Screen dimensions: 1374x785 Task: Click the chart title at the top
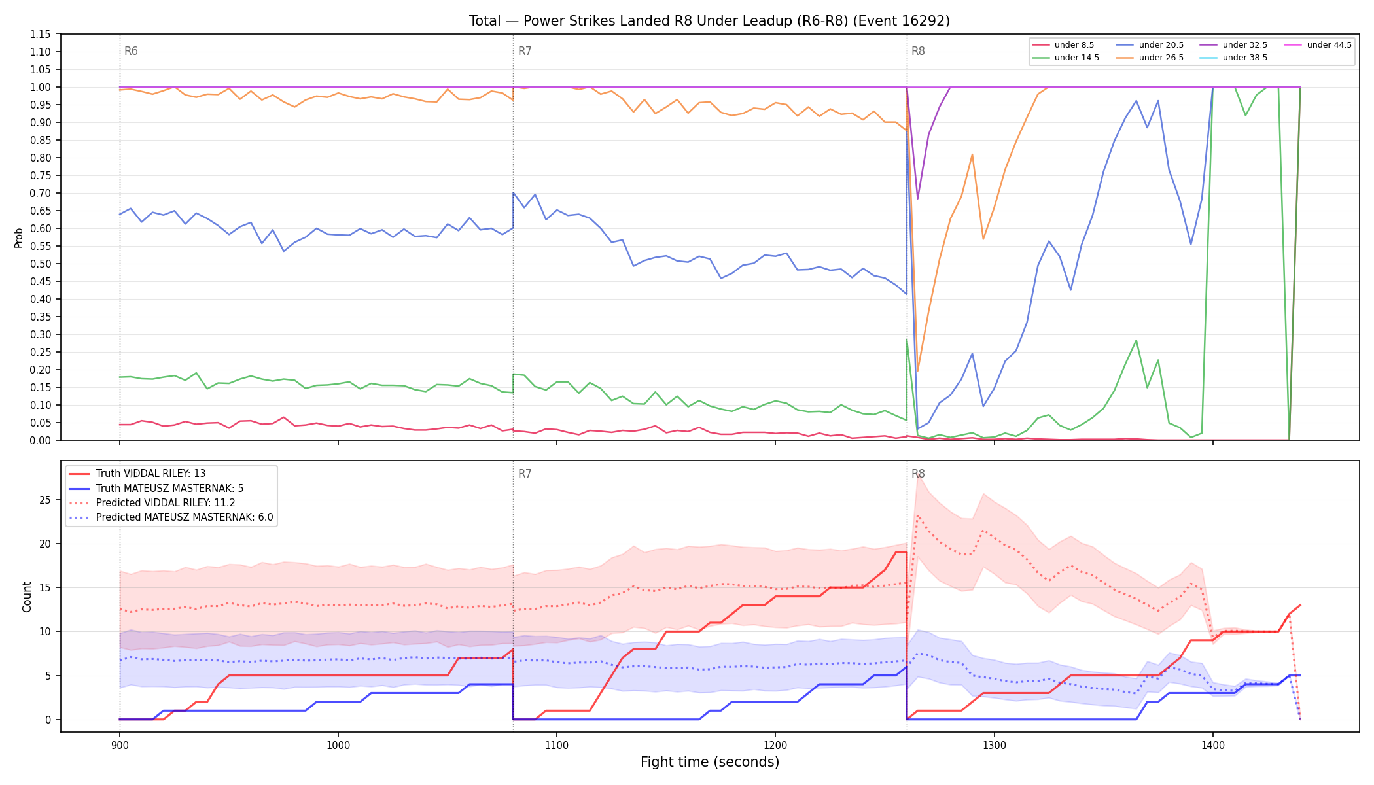(709, 21)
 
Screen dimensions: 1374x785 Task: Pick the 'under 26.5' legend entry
(1150, 58)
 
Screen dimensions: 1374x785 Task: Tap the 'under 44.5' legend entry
(1318, 45)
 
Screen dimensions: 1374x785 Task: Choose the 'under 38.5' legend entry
(1234, 58)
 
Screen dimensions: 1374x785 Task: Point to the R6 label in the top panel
(131, 51)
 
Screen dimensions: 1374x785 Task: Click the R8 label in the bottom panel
(918, 474)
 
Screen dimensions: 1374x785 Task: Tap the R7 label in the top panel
(525, 51)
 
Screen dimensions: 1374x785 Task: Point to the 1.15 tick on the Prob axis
(41, 34)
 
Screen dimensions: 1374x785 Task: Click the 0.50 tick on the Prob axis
(41, 264)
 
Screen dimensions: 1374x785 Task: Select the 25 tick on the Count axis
(45, 500)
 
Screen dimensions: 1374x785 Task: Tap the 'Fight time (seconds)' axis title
(710, 762)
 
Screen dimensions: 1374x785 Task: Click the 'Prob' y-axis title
(19, 237)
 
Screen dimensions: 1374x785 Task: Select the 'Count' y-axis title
(27, 597)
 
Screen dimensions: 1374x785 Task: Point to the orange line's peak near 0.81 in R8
(972, 154)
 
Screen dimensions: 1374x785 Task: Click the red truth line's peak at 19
(901, 553)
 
